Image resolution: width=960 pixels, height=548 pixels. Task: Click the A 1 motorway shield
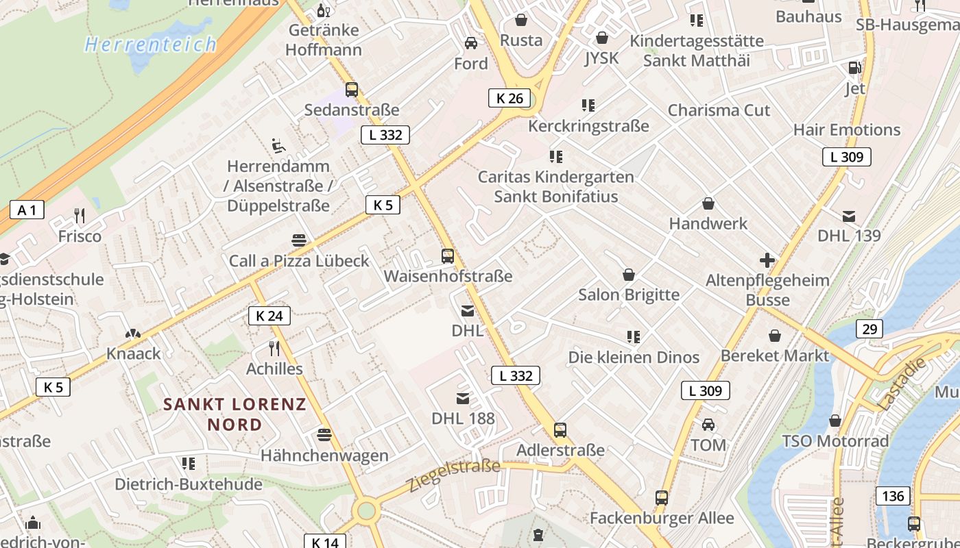coord(27,210)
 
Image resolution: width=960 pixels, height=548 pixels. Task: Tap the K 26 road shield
coord(509,98)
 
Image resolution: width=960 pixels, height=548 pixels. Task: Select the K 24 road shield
coord(269,316)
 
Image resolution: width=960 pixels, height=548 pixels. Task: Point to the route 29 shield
coord(869,329)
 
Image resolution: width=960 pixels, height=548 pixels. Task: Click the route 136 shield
coord(893,495)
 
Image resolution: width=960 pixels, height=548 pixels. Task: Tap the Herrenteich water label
coord(150,45)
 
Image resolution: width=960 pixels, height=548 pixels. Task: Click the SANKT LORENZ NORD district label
coord(235,414)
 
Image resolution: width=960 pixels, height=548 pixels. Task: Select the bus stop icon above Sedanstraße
coord(352,89)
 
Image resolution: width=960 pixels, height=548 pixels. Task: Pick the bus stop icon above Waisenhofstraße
coord(448,256)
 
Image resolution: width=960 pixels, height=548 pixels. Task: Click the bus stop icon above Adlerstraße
coord(560,430)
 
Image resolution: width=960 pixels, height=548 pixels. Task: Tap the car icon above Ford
coord(471,43)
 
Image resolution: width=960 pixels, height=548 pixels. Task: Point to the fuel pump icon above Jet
coord(854,68)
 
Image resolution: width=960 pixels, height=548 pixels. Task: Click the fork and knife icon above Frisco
coord(80,216)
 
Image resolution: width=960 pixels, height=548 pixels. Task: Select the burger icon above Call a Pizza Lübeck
coord(299,240)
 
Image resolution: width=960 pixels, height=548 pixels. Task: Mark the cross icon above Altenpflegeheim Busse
coord(767,260)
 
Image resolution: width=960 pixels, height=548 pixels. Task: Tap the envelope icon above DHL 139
coord(849,216)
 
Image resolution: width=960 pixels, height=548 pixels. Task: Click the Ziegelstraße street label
coord(455,475)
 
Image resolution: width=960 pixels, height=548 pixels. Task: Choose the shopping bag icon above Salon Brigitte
coord(628,275)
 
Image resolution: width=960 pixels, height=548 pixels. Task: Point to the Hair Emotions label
coord(846,129)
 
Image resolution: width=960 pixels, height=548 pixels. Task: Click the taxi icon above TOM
coord(708,425)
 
